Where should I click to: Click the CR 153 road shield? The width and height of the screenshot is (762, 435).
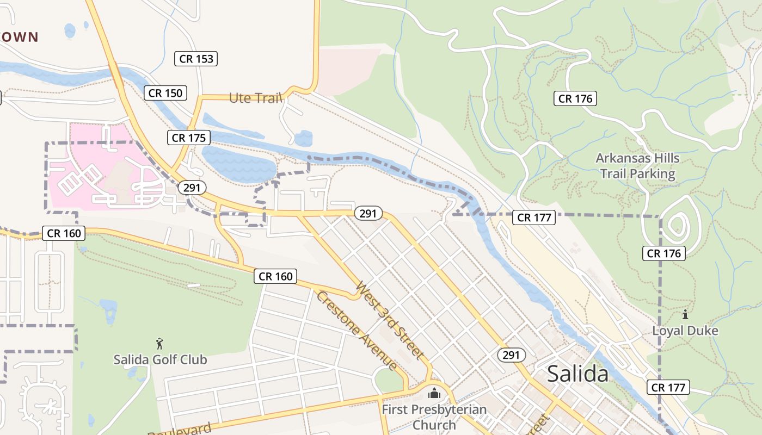pos(196,59)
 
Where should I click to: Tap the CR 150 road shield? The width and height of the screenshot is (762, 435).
pos(166,93)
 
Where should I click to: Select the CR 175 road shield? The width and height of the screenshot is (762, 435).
pos(189,138)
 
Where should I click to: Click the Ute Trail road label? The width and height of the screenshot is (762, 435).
pos(255,98)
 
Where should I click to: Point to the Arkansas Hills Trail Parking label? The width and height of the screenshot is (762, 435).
pos(637,166)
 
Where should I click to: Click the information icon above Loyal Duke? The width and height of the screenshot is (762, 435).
pos(685,314)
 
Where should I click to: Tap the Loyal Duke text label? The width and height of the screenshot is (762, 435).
pos(685,331)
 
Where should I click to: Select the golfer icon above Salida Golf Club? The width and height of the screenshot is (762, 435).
pos(159,344)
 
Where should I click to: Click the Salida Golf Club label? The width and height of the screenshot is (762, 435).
pos(160,359)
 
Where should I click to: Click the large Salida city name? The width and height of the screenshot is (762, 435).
pos(577,374)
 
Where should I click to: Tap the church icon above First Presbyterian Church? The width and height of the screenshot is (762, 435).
pos(434,393)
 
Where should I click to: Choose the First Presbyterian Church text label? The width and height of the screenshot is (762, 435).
pos(434,417)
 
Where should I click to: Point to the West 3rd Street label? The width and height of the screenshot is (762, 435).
pos(390,320)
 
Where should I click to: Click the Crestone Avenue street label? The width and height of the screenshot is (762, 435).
pos(355,330)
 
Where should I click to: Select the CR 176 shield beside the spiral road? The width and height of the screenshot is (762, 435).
pos(663,253)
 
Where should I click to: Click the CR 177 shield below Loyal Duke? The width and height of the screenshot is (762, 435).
pos(668,387)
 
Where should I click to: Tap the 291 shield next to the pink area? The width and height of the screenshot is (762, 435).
pos(192,188)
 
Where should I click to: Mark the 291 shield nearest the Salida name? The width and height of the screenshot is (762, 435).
pos(511,355)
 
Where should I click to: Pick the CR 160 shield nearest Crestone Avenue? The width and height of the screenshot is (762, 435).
pos(276,276)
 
